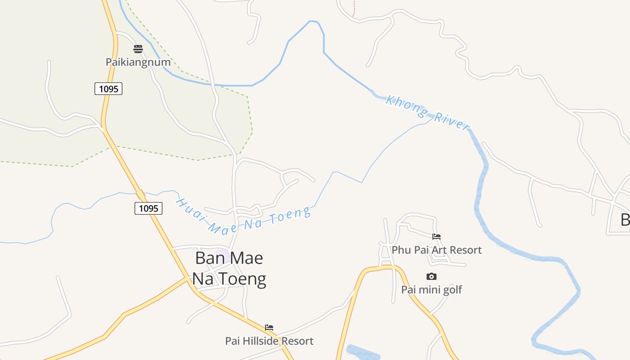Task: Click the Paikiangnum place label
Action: point(138,62)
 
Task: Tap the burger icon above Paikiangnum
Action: point(138,49)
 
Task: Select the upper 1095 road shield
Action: point(108,89)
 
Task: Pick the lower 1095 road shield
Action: point(148,208)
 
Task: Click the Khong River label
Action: point(427,112)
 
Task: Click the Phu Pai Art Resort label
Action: point(436,250)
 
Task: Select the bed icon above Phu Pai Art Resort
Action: point(436,236)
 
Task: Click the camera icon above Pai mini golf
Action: point(431,276)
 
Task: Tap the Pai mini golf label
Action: point(431,289)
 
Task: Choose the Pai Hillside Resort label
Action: point(269,341)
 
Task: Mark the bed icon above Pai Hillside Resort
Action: point(269,327)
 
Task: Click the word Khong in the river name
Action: point(404,104)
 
